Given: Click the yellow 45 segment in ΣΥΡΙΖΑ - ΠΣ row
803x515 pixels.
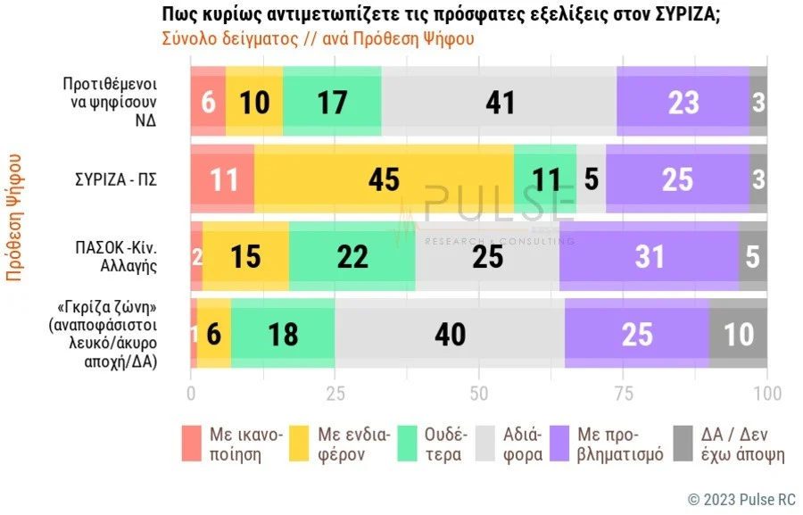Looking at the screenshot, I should point(384,179).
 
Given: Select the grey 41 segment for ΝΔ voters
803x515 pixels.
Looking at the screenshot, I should point(500,102).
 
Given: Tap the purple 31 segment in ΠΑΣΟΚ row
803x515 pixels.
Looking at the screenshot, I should point(649,257).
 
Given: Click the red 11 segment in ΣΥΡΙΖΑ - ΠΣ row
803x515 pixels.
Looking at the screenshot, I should point(222,179).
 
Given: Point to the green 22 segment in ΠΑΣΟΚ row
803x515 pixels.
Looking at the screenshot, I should point(352,257).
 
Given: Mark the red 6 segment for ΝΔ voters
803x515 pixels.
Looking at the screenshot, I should point(208,102).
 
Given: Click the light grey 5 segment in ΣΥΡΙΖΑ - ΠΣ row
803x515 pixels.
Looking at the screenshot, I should point(591,179).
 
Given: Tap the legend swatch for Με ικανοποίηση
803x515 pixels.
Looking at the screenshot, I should point(192,444).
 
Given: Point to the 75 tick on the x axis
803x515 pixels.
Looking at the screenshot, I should point(623,394).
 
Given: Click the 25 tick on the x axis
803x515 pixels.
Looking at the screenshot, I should point(335,394).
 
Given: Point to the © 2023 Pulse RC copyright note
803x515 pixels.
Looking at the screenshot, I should point(741,498).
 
